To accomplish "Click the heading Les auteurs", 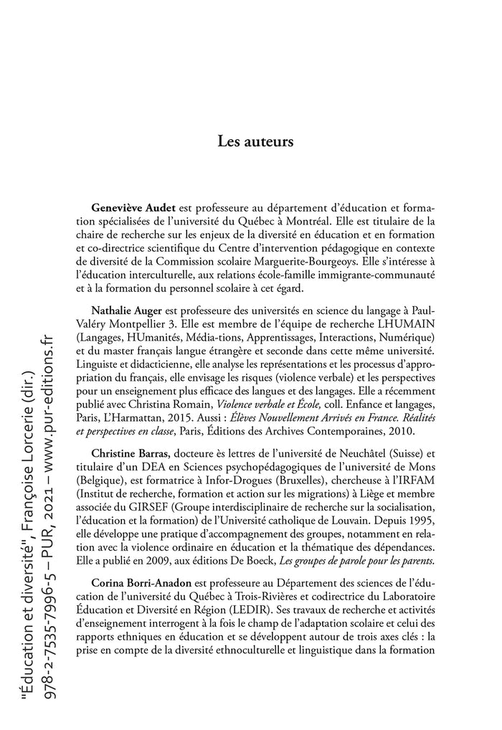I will [x=255, y=141].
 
